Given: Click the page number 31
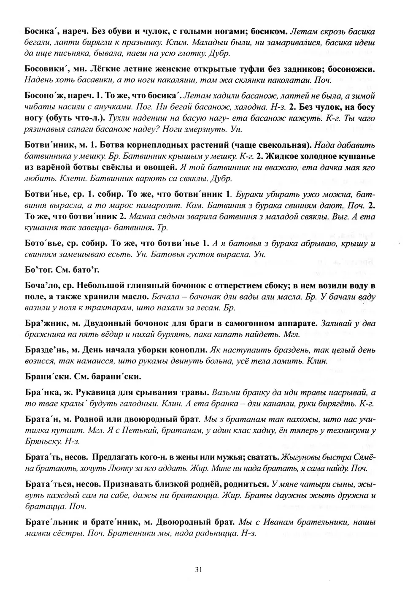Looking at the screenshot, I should click(x=199, y=569).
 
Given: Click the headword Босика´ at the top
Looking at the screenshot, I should click(x=41, y=31).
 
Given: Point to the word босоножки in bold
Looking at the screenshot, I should click(x=354, y=69).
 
